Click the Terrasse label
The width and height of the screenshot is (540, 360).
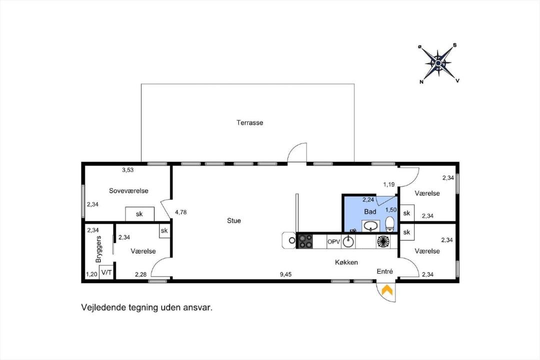(x=249, y=122)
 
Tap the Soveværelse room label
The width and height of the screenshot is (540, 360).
(x=128, y=191)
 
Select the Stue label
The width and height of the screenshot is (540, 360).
(x=234, y=221)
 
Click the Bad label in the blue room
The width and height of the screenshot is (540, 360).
(x=370, y=212)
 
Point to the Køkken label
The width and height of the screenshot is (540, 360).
(x=346, y=262)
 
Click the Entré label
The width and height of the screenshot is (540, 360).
(x=384, y=271)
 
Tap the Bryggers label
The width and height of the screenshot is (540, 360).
(x=98, y=249)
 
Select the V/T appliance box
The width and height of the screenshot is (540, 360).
(x=106, y=272)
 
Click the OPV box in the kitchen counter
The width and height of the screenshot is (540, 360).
(x=333, y=242)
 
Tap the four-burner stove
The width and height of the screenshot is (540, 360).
(x=305, y=241)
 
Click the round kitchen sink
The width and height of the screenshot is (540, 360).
(x=348, y=241)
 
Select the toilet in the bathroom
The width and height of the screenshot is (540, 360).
(x=390, y=224)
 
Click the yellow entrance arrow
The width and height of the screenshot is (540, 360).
(x=387, y=289)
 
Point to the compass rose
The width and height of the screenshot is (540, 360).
(x=438, y=63)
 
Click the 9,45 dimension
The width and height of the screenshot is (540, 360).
(x=285, y=274)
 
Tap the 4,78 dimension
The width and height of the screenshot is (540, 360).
(x=181, y=212)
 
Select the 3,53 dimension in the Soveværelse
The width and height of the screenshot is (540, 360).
(x=128, y=170)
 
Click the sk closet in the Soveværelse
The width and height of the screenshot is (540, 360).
(x=139, y=214)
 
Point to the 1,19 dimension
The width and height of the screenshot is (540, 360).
(x=389, y=184)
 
